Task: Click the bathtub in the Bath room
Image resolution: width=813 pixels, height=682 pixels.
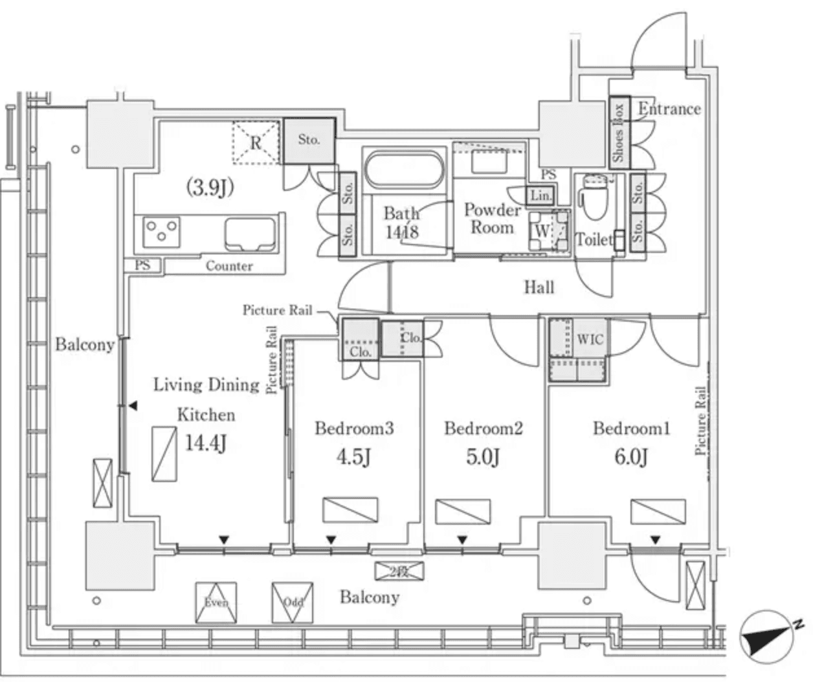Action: [405, 169]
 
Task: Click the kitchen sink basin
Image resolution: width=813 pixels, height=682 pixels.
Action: [249, 234]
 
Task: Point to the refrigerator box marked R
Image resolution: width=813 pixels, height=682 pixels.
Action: [256, 142]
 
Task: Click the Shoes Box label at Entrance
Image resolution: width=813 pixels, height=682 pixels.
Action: [618, 133]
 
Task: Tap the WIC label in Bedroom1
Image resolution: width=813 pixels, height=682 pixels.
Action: [590, 339]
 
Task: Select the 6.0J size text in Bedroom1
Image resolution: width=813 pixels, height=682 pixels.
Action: [631, 457]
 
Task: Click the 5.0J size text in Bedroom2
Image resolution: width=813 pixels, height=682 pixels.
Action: [483, 457]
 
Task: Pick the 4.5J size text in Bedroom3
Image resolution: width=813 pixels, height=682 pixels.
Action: [353, 457]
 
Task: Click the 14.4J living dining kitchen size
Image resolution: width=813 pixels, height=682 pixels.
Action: [206, 444]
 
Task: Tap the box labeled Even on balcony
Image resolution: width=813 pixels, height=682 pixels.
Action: [216, 602]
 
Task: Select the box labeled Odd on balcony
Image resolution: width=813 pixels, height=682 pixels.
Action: [293, 602]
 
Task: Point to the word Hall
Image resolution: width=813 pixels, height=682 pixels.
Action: [539, 287]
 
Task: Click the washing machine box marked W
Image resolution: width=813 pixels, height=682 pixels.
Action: [542, 231]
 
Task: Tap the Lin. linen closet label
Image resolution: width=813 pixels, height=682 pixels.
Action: [541, 195]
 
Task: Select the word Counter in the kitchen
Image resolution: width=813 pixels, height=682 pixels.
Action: [229, 266]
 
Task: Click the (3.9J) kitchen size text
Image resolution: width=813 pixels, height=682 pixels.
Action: [210, 188]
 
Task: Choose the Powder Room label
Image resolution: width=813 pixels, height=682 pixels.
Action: [492, 219]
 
